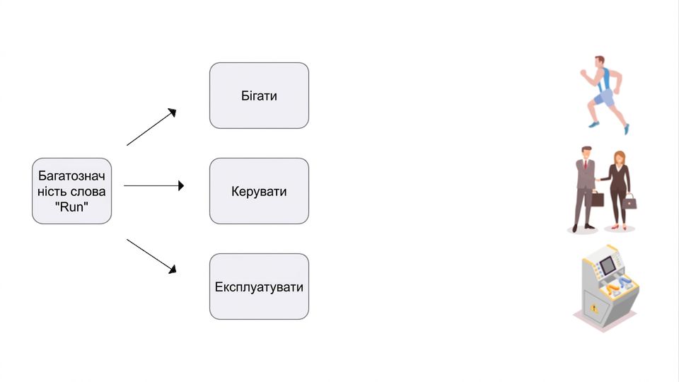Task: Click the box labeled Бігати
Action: coord(259,95)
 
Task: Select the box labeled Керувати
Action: coord(259,191)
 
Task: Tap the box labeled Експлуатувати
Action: coord(259,286)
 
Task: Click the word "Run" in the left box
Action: coord(72,207)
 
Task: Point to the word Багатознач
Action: coord(71,176)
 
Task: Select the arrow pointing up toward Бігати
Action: coord(151,127)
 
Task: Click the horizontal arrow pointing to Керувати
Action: coord(153,186)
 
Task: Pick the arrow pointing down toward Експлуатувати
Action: coord(151,256)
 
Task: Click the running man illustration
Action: coord(603,94)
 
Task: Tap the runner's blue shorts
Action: coord(603,98)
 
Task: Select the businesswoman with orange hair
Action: coord(620,190)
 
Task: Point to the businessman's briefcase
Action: coord(597,199)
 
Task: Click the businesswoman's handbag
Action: coord(630,202)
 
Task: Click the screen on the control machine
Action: coord(607,265)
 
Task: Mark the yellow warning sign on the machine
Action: coord(594,309)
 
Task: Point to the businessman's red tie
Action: coord(586,164)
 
